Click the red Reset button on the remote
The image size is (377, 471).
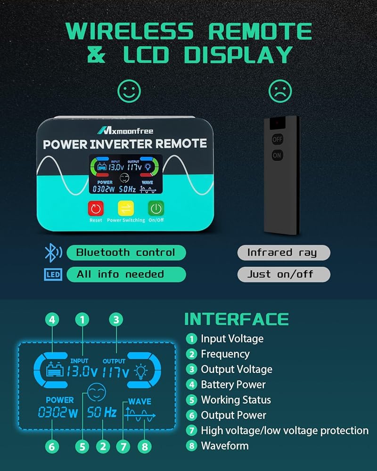click(x=96, y=208)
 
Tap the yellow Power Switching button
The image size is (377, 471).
click(x=126, y=208)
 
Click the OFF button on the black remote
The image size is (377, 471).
click(x=277, y=139)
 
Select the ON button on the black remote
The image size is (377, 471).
click(x=277, y=154)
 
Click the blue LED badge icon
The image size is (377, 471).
click(x=53, y=275)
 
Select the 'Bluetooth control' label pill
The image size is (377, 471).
click(x=126, y=252)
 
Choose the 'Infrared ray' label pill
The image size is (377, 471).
click(x=283, y=252)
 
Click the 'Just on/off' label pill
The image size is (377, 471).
click(x=283, y=274)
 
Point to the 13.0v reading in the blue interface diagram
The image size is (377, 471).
click(x=82, y=372)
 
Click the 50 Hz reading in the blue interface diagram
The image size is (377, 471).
click(x=102, y=413)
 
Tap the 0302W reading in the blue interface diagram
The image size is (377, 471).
click(x=58, y=414)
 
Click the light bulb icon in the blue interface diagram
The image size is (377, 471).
click(x=141, y=371)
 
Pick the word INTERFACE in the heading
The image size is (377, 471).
click(x=236, y=319)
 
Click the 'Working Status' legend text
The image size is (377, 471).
click(x=236, y=400)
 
